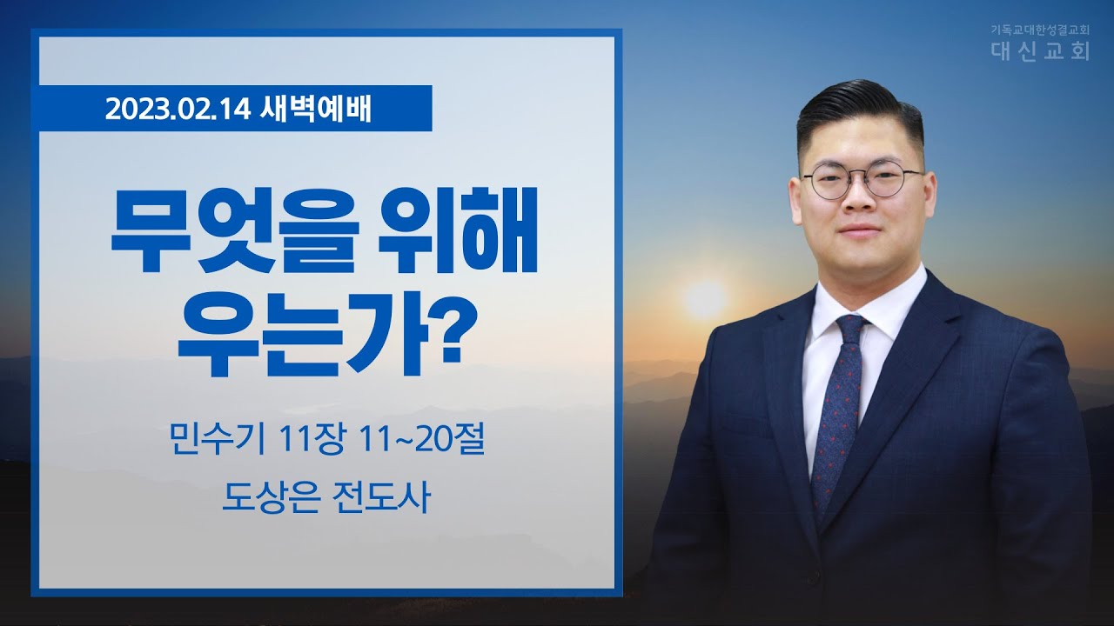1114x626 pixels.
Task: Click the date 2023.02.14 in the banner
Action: (x=177, y=110)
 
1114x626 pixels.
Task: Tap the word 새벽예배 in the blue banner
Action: (x=315, y=110)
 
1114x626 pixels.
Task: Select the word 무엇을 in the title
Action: (x=235, y=230)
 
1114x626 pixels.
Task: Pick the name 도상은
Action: (x=270, y=497)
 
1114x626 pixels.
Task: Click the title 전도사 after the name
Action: (x=379, y=497)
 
